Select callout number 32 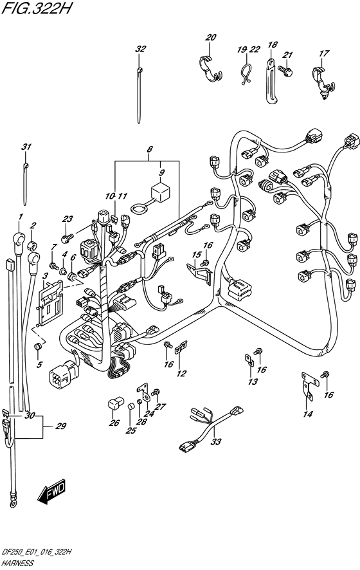point(141,49)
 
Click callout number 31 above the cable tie point(26,148)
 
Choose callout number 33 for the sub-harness point(215,441)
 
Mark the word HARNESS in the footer point(19,562)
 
